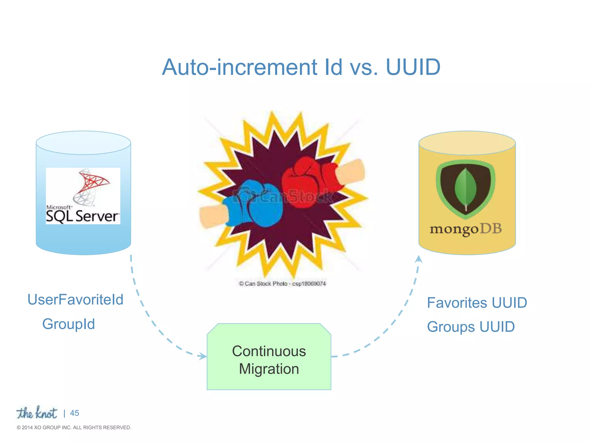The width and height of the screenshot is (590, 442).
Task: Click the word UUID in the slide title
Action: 413,67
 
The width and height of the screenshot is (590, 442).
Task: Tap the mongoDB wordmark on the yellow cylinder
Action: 466,229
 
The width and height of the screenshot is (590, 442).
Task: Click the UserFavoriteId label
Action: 75,300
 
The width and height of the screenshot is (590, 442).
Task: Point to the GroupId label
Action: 69,324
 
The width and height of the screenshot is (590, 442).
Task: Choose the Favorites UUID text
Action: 477,303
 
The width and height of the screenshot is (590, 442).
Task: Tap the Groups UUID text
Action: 471,327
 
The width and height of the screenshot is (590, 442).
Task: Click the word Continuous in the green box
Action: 269,351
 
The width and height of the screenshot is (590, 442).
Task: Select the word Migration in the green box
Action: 269,369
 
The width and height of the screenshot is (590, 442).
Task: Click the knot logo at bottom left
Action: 37,413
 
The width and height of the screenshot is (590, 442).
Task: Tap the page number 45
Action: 74,413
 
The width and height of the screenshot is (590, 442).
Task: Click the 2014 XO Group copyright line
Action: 74,428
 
